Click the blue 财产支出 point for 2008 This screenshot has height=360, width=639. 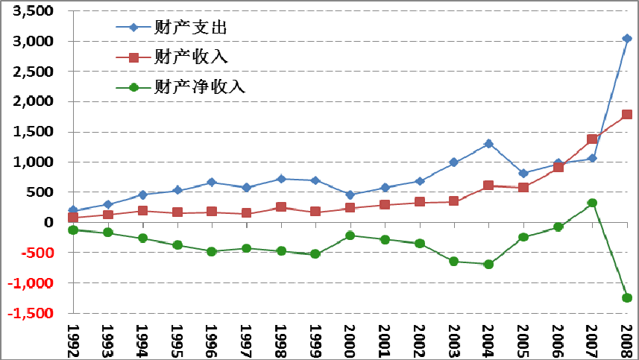tap(627, 39)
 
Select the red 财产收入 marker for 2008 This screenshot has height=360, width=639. tap(627, 115)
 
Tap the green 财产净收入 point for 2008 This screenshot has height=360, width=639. tap(627, 297)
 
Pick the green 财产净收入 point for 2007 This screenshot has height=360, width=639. tap(592, 203)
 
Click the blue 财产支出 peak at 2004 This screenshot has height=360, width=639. tap(488, 143)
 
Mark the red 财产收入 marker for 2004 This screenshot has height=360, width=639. tap(488, 185)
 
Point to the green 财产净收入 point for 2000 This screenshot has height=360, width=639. tap(350, 236)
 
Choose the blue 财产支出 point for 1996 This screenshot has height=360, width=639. tap(212, 182)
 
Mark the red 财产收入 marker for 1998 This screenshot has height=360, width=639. tap(281, 206)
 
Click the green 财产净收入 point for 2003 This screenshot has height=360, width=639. tap(453, 261)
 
